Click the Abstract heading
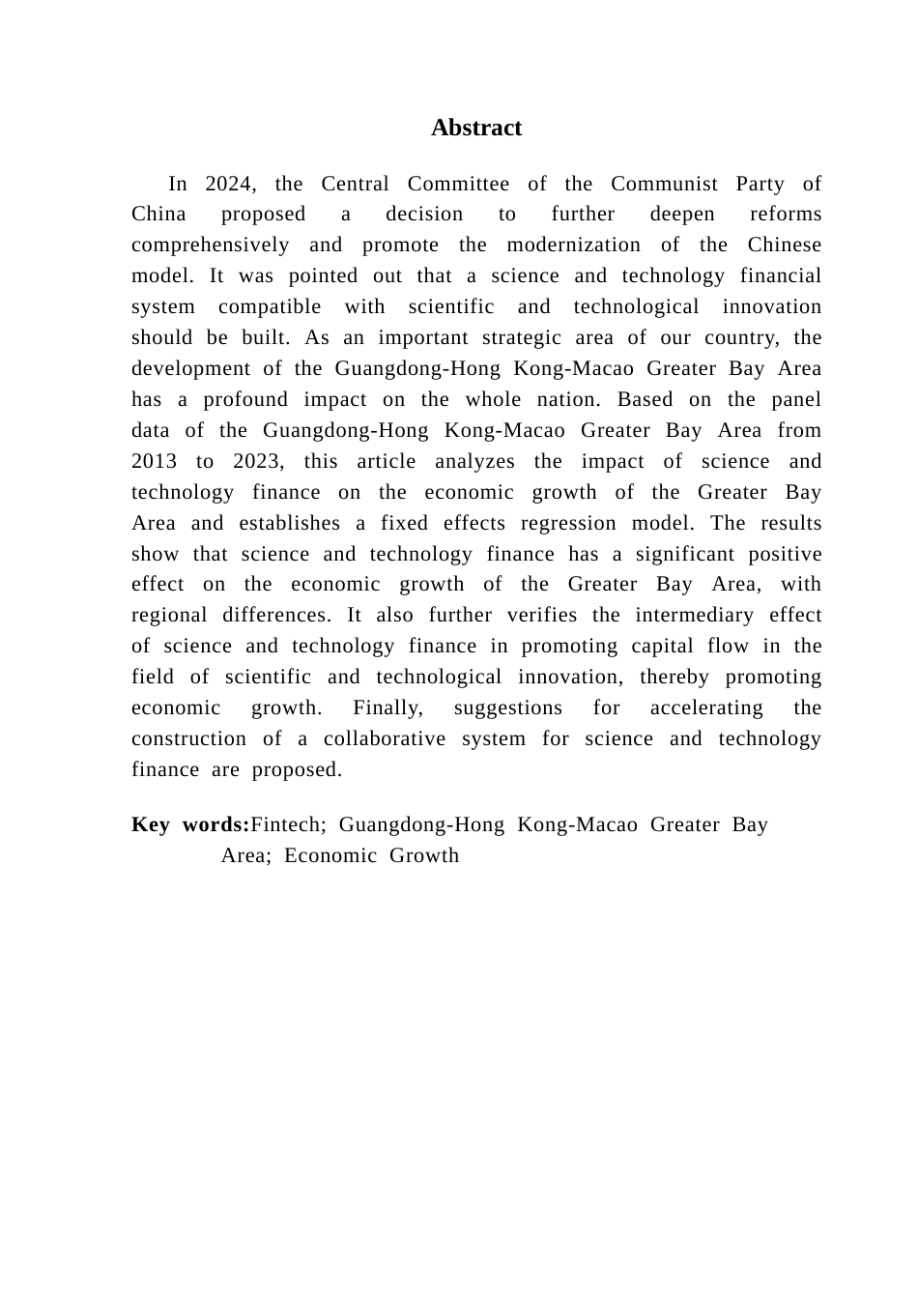tap(476, 129)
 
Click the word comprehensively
tap(211, 245)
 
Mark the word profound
tap(245, 400)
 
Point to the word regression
tap(568, 524)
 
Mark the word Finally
tap(387, 708)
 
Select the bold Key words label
tap(190, 825)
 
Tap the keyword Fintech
tap(287, 825)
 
